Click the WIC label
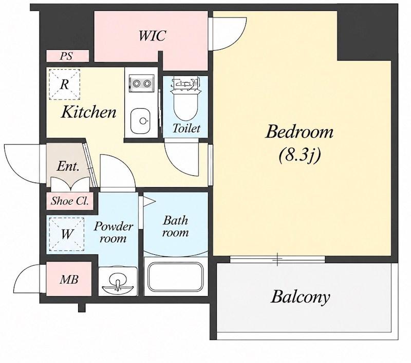tap(152, 36)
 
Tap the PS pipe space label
tap(66, 56)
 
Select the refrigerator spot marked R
tap(64, 85)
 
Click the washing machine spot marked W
tap(67, 234)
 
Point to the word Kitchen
tap(88, 112)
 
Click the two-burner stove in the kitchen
tap(142, 84)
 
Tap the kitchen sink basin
tap(140, 121)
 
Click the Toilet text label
tap(186, 128)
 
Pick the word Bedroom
tap(300, 132)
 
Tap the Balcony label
tap(300, 297)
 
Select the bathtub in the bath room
tap(175, 277)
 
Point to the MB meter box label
tap(69, 279)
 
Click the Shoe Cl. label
tap(70, 201)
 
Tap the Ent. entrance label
tap(68, 166)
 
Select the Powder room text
tap(113, 232)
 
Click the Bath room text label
tap(175, 226)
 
